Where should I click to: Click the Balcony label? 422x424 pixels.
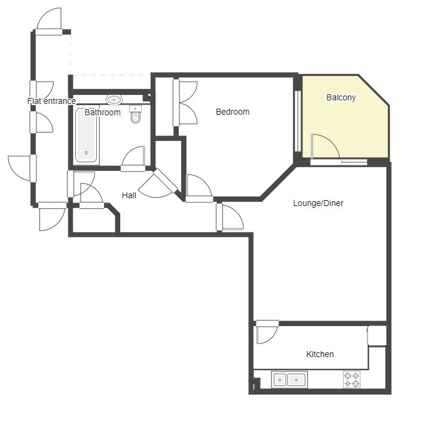tap(341, 97)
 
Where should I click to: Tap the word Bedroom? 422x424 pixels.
tap(233, 112)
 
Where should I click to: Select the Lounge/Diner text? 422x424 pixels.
tap(318, 203)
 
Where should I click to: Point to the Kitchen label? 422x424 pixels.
tap(320, 354)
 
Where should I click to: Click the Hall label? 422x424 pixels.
tap(129, 195)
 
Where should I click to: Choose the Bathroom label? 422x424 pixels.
tap(102, 112)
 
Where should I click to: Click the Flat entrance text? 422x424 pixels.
tap(51, 101)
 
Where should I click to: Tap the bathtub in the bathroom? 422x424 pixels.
tap(86, 135)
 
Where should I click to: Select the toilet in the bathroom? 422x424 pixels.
tap(135, 114)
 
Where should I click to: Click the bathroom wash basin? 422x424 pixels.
tap(114, 100)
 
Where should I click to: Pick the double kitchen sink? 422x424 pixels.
tap(289, 379)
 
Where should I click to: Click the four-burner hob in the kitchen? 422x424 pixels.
tap(351, 379)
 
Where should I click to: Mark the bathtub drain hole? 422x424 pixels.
tap(86, 153)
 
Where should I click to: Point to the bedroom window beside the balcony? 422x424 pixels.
tap(298, 121)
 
